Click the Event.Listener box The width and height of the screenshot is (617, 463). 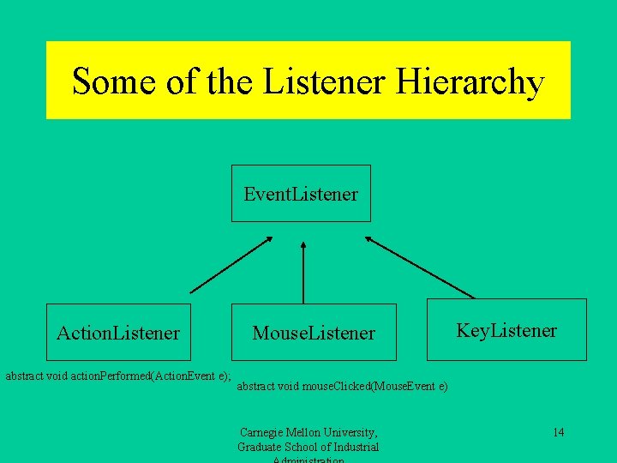point(301,194)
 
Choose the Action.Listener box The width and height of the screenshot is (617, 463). point(118,332)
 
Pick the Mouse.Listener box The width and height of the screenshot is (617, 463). point(314,333)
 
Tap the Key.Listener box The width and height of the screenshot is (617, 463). point(506,330)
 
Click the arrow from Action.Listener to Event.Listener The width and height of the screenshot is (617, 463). point(230,264)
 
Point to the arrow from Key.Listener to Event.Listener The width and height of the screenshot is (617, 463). point(420,267)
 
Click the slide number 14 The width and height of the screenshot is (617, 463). point(558,432)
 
